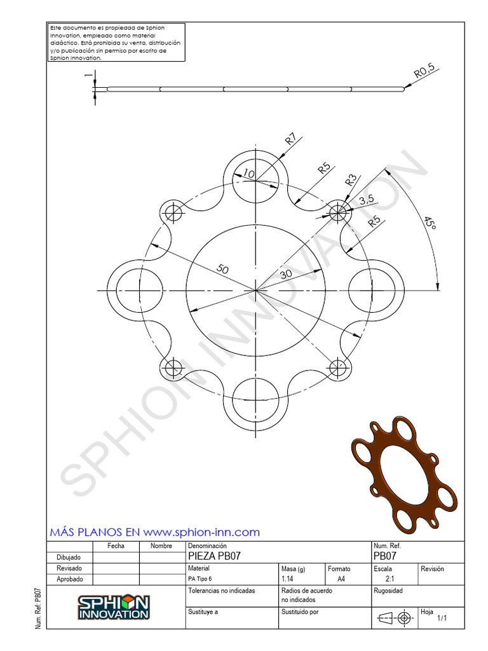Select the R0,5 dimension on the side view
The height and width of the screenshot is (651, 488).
424,72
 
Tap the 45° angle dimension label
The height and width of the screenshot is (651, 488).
430,223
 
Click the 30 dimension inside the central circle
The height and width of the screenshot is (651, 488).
286,273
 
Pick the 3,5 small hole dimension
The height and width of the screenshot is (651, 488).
367,200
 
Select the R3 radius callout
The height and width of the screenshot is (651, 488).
350,180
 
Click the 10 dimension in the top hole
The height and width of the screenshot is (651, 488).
248,174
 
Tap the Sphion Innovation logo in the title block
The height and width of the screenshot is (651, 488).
114,607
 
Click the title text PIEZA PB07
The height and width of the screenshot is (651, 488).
214,556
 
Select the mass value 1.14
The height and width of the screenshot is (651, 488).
287,579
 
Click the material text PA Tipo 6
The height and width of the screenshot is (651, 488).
200,579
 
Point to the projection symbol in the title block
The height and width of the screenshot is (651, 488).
394,617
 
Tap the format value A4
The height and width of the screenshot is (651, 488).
341,579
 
